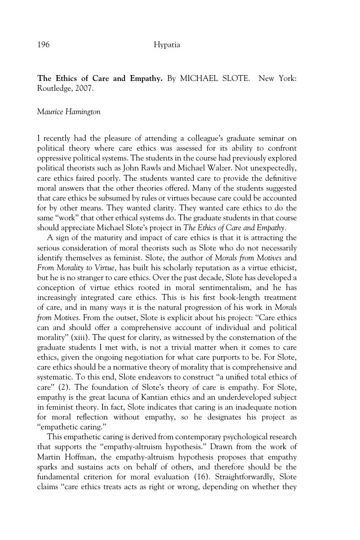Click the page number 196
point(43,45)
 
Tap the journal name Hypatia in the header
point(167,45)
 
